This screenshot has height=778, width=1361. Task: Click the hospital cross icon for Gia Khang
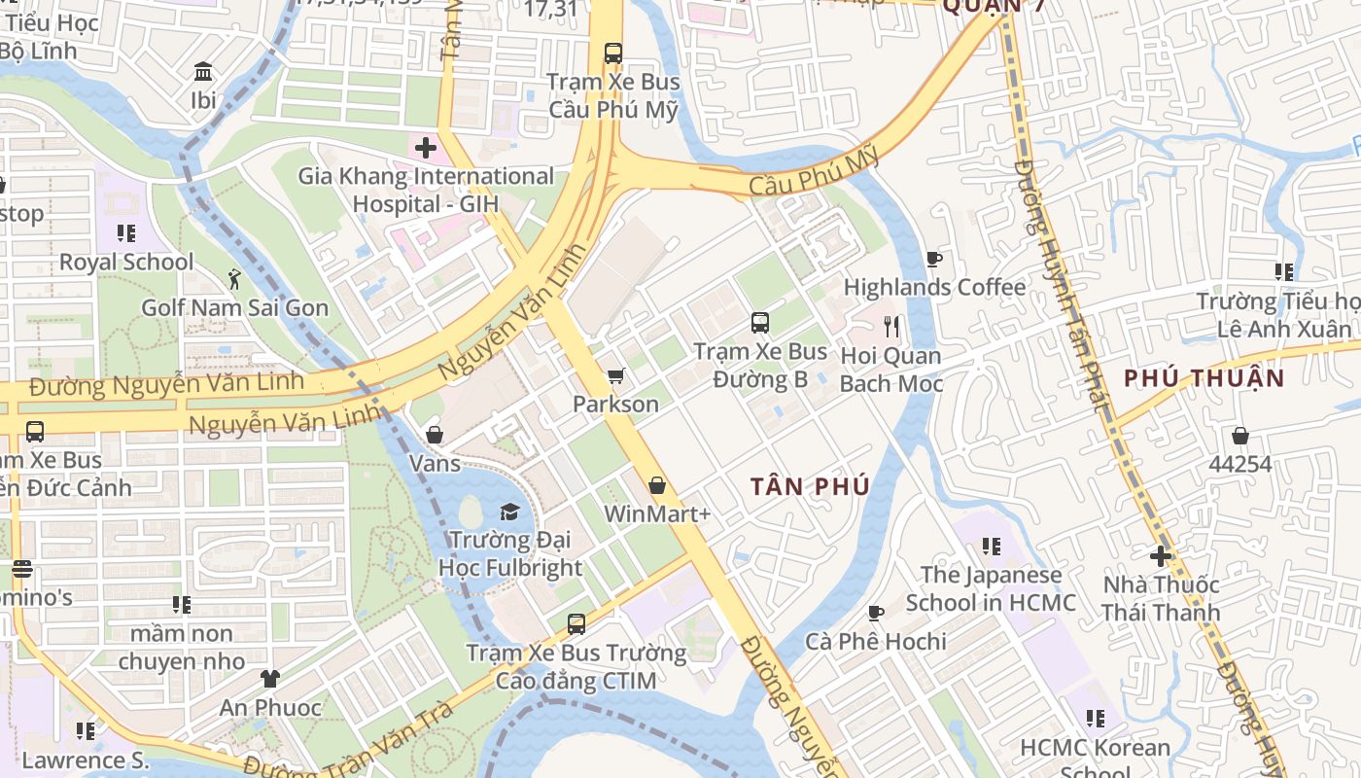(x=425, y=149)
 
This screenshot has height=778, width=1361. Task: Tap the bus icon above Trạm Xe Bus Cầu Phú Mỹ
(x=612, y=53)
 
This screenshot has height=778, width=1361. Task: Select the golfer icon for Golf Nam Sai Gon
(x=234, y=280)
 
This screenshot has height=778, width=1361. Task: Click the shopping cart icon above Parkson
(x=614, y=376)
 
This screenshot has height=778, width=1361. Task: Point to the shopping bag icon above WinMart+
(x=657, y=485)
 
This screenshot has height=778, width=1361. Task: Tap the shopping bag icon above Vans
(x=435, y=435)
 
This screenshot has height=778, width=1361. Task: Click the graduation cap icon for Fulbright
(x=509, y=512)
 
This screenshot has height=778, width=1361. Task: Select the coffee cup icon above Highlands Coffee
(x=934, y=260)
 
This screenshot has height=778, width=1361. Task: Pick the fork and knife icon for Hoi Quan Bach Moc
(x=891, y=327)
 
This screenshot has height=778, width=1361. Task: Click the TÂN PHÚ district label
(x=809, y=487)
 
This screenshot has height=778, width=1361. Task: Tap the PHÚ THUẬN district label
(x=1204, y=378)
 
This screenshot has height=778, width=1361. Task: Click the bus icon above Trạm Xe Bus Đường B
(x=759, y=323)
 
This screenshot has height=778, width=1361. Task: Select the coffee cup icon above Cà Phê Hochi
(x=875, y=613)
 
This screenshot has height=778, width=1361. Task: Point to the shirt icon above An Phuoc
(x=269, y=679)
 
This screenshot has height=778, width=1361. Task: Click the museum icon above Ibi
(x=204, y=72)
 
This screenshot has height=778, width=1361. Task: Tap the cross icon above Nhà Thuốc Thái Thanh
(x=1160, y=556)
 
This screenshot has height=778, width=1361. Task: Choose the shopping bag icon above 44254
(x=1239, y=436)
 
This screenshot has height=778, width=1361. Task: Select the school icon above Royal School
(x=126, y=233)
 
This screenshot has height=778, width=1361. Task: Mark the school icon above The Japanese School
(x=991, y=547)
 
